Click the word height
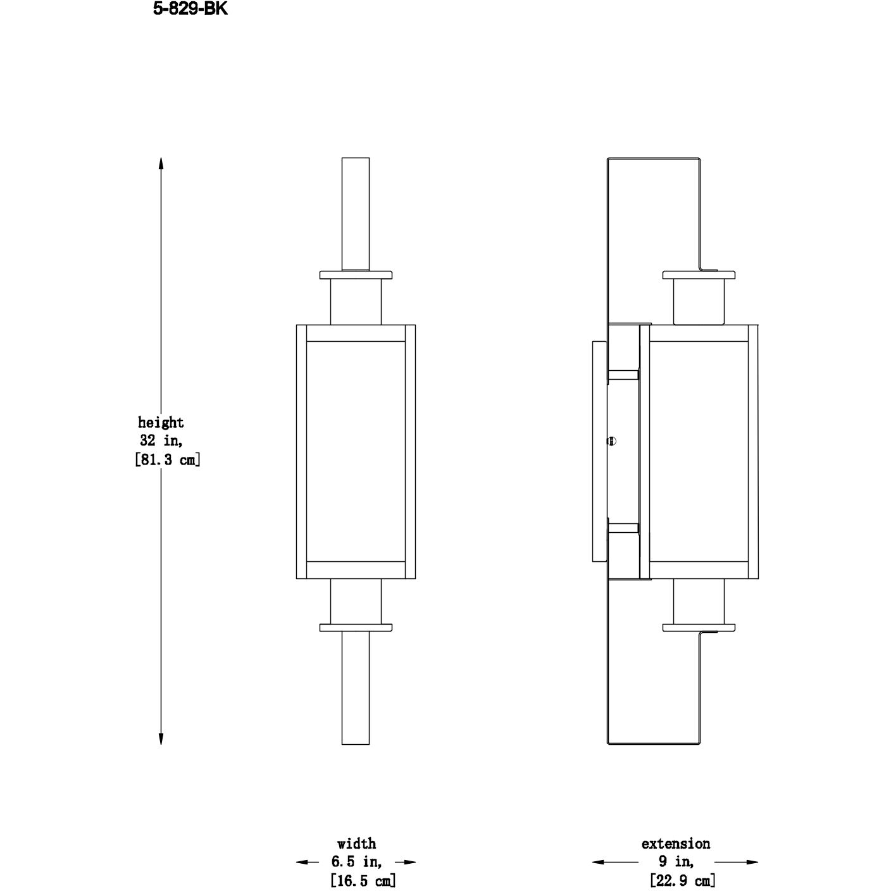click(x=161, y=422)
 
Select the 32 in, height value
click(x=161, y=440)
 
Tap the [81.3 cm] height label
click(x=168, y=460)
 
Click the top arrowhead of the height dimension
click(x=161, y=163)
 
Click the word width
click(x=356, y=844)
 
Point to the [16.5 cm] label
click(x=363, y=880)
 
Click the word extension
click(x=675, y=844)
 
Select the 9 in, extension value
click(x=675, y=861)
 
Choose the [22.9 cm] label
click(x=682, y=880)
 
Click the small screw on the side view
click(x=611, y=442)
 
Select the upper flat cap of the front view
click(x=356, y=275)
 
